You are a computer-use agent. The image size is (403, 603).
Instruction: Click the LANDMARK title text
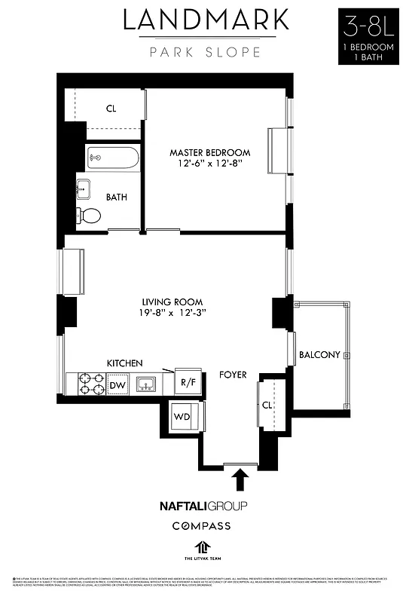[205, 20]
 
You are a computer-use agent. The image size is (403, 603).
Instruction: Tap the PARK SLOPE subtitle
[205, 52]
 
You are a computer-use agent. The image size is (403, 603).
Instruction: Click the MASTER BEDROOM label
[209, 152]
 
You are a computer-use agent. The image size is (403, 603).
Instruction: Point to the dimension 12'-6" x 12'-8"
[209, 164]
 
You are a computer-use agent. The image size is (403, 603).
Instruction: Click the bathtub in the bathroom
[112, 158]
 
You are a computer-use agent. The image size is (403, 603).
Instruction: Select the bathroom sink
[83, 188]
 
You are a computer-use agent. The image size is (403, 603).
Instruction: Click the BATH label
[116, 197]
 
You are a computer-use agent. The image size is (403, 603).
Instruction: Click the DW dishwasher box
[117, 386]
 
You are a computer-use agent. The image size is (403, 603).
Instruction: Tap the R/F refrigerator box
[187, 382]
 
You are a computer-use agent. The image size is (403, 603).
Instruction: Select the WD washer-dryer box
[182, 416]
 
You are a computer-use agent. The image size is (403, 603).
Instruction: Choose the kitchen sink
[147, 384]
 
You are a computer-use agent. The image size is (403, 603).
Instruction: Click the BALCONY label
[319, 354]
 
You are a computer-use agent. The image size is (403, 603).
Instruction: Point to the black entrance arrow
[240, 480]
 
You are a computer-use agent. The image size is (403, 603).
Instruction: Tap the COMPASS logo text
[202, 525]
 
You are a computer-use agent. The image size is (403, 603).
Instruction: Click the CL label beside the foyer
[267, 405]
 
